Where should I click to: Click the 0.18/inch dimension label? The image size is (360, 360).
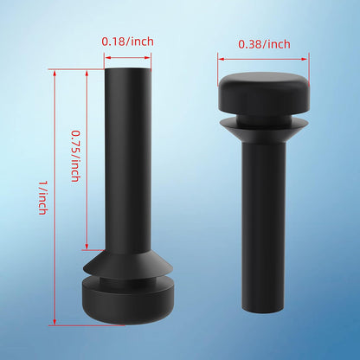click(127, 42)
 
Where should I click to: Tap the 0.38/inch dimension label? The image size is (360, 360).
click(264, 44)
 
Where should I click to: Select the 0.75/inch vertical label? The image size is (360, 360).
click(75, 156)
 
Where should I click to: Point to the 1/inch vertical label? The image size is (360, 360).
click(42, 198)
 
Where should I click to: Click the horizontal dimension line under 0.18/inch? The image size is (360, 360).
click(127, 58)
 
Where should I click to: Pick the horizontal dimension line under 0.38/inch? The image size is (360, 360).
click(263, 60)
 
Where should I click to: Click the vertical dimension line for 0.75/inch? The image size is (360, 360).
click(87, 159)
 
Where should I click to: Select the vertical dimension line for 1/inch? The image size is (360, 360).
click(55, 197)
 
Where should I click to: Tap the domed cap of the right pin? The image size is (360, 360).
click(264, 92)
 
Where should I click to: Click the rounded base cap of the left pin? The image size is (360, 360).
click(128, 300)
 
